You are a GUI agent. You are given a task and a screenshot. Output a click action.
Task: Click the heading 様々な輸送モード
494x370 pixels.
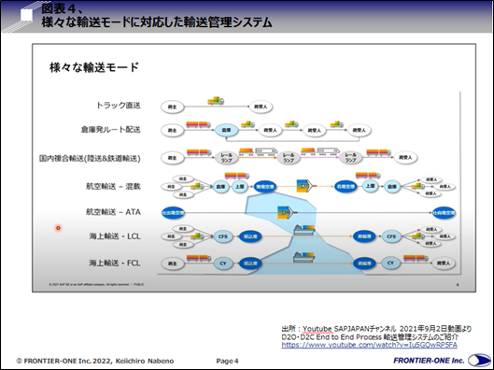click(94, 67)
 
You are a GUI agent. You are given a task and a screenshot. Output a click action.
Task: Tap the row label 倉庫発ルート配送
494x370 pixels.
click(114, 131)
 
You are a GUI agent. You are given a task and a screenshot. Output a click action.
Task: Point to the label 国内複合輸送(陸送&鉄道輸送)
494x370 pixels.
click(92, 158)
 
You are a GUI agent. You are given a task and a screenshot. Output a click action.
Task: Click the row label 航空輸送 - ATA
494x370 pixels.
click(113, 212)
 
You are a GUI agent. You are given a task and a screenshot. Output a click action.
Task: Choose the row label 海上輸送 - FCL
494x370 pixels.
click(113, 263)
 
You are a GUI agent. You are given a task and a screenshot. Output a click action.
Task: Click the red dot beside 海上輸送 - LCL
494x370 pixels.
click(58, 227)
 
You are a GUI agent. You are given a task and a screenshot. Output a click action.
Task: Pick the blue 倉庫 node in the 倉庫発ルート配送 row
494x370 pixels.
click(223, 132)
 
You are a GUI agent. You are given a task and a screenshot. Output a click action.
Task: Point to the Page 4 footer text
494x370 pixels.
click(228, 361)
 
